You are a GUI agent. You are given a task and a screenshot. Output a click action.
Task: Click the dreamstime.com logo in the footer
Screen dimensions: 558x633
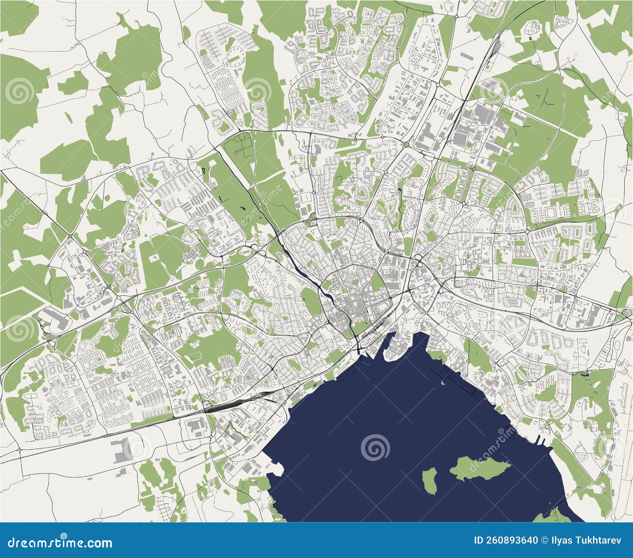tap(60, 543)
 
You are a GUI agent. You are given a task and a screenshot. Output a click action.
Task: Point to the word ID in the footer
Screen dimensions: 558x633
tap(479, 541)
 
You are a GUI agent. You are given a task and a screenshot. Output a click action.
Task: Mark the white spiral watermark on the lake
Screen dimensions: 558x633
tap(375, 448)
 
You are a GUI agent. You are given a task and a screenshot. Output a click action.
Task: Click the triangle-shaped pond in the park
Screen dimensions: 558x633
tap(204, 171)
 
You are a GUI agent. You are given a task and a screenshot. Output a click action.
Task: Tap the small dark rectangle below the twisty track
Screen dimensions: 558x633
tap(530, 38)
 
